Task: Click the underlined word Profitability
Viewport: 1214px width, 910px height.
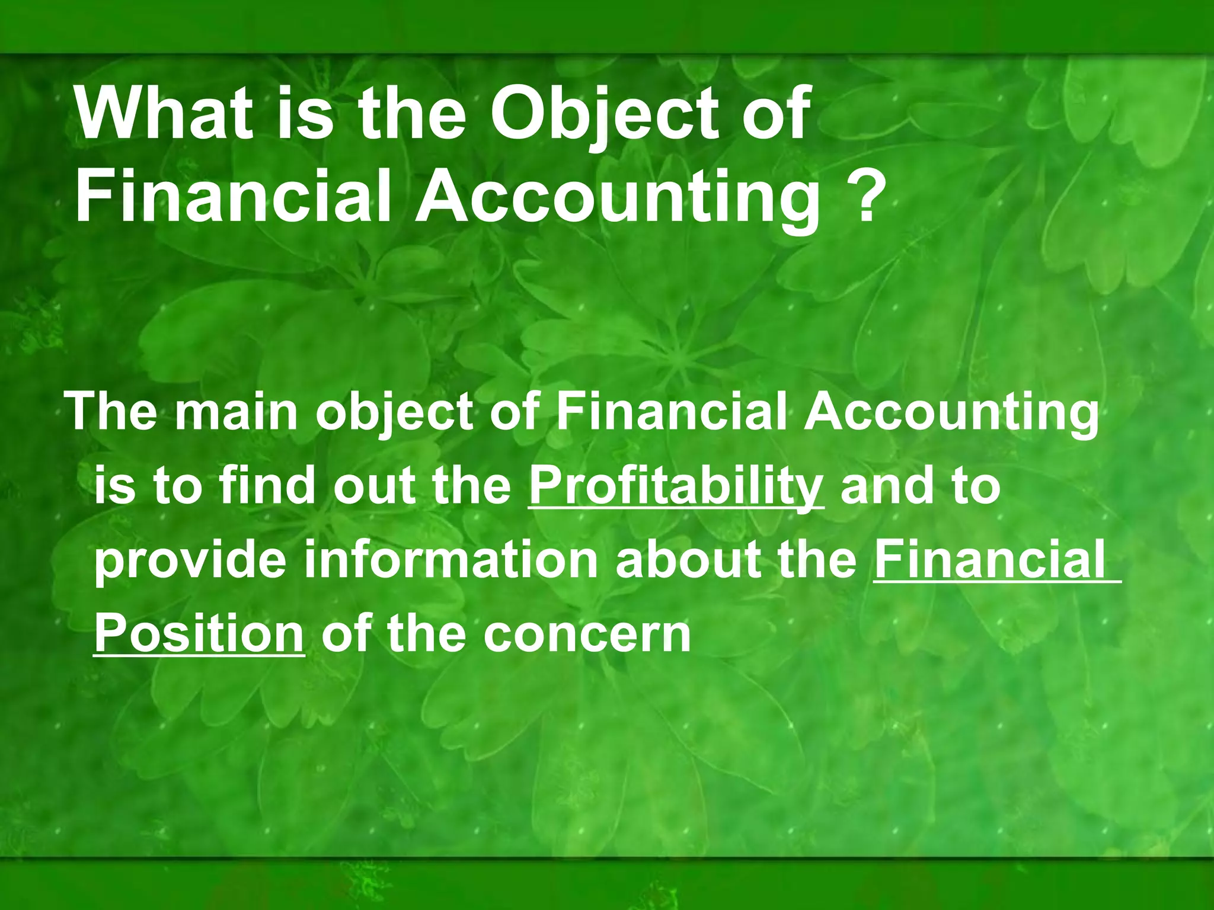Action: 676,488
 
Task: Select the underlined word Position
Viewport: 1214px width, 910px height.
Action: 199,634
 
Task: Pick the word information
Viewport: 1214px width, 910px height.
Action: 451,560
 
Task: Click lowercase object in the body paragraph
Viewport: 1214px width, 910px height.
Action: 395,414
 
